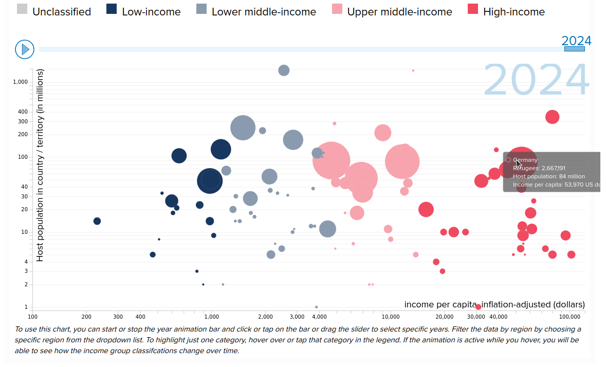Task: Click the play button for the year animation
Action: (25, 49)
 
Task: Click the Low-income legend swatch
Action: (112, 10)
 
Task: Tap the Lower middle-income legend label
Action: (263, 11)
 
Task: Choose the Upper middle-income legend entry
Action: (399, 11)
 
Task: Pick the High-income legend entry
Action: (513, 11)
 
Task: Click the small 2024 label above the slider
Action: (576, 41)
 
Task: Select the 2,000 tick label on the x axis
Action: (265, 317)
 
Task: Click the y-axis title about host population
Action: (40, 166)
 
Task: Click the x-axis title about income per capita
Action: (494, 304)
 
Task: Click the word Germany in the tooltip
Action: (525, 160)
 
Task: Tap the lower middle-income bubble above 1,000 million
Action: (284, 70)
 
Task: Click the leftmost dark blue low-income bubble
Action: (97, 221)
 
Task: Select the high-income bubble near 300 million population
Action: (552, 117)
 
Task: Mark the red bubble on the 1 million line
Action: (479, 307)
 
